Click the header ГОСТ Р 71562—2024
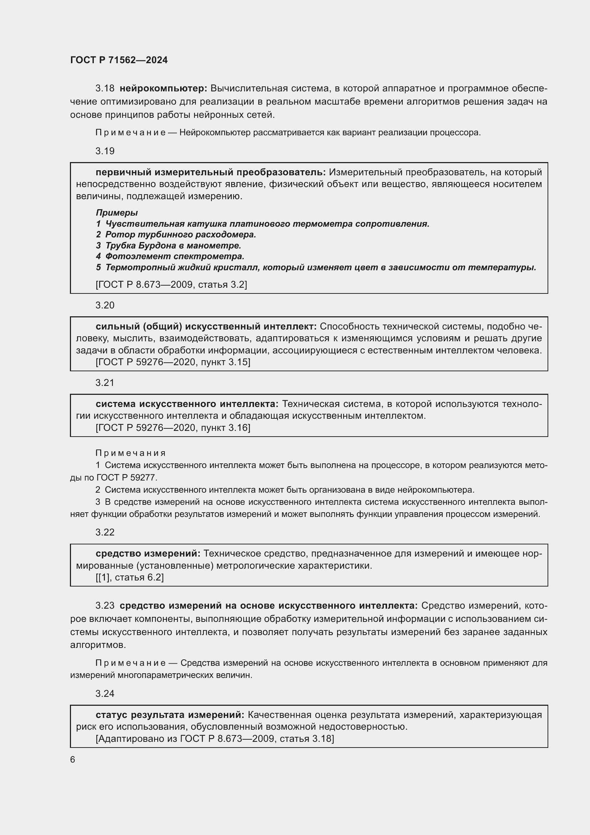click(119, 60)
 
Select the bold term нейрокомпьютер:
click(163, 89)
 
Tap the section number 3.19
click(105, 151)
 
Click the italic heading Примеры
click(117, 212)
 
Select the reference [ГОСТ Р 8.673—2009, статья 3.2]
click(171, 285)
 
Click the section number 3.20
click(105, 305)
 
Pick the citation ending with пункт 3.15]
click(173, 362)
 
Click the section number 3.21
click(105, 383)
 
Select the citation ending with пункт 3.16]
click(173, 428)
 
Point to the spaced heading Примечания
click(131, 453)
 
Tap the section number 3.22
click(105, 532)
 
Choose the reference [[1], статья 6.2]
click(130, 577)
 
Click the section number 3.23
click(105, 605)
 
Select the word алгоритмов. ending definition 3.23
click(98, 645)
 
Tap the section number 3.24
click(105, 694)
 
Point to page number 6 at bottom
click(73, 759)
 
